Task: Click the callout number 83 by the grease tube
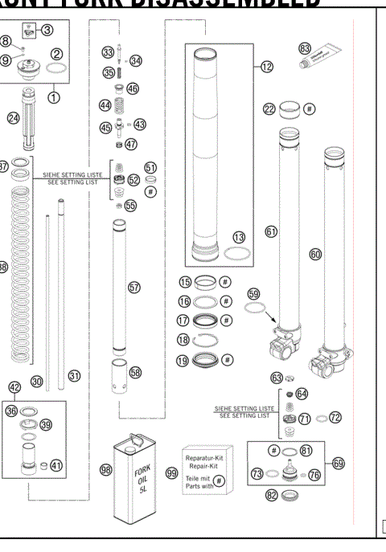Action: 305,48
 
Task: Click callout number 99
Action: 171,473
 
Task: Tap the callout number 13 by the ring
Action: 238,239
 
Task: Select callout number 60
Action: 315,253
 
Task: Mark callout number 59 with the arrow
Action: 255,294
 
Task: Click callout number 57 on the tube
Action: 133,286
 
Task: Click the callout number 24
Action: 12,117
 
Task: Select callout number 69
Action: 338,463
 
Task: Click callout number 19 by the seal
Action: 185,359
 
